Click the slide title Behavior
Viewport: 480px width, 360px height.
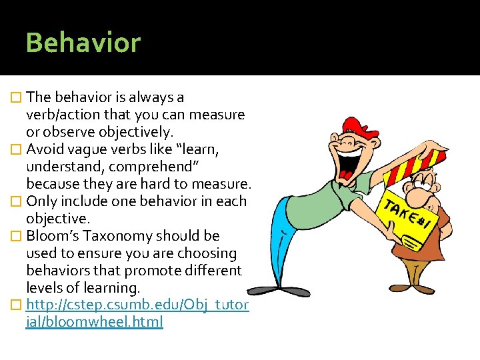coord(83,43)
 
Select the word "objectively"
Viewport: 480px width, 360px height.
coord(139,132)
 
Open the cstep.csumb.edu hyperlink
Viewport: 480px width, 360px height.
coord(137,305)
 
